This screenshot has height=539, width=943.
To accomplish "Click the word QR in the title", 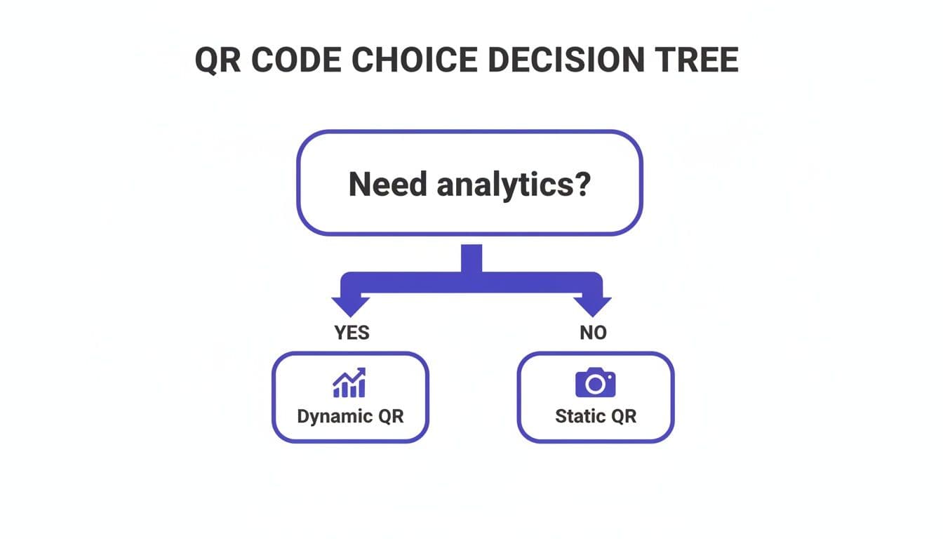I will [x=217, y=61].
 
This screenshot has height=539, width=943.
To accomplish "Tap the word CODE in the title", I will [x=295, y=61].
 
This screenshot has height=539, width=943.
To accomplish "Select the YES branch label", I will [x=352, y=333].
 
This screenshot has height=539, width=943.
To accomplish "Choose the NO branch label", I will [x=593, y=333].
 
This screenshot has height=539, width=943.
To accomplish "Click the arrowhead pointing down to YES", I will [x=350, y=306].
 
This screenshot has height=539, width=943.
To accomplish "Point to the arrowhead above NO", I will [x=593, y=306].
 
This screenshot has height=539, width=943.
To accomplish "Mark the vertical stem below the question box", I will [x=471, y=258].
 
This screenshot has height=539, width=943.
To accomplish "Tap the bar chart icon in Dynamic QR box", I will [x=349, y=383].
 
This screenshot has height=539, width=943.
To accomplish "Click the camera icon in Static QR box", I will [x=595, y=383].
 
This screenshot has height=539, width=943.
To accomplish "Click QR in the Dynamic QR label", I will [x=391, y=415].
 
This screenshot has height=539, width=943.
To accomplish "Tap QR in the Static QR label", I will [x=623, y=415].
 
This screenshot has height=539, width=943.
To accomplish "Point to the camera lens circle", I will [x=595, y=385].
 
